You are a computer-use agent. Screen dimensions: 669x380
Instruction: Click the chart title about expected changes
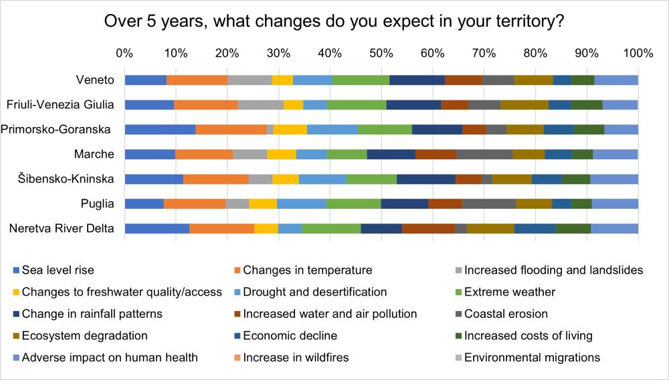(334, 21)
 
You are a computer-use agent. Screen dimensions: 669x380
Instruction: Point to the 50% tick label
(381, 54)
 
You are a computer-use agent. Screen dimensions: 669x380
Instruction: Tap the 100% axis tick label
(638, 54)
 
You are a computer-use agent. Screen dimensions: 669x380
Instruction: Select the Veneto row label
(95, 80)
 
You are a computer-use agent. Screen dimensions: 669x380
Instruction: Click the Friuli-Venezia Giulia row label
(60, 104)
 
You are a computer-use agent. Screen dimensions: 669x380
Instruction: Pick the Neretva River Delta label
(62, 229)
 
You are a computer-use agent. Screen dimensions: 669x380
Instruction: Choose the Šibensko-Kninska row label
(66, 179)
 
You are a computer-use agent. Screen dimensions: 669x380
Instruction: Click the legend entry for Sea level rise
(54, 270)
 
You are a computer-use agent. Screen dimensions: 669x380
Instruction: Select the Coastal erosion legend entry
(502, 314)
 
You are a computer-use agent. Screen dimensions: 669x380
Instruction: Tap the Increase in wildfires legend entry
(292, 357)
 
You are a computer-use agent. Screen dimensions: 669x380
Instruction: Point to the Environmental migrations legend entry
(528, 357)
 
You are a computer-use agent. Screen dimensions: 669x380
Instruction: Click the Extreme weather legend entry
(506, 292)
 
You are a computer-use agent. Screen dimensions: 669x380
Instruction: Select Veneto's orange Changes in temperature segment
(197, 80)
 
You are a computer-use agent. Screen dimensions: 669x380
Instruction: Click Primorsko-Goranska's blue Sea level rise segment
(160, 129)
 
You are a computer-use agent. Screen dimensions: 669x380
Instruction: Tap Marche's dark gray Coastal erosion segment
(484, 154)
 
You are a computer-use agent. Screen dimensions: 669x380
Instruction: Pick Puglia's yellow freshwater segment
(263, 203)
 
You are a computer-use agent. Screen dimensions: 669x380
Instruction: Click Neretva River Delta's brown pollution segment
(428, 229)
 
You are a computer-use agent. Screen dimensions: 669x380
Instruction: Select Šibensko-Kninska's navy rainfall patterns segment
(426, 179)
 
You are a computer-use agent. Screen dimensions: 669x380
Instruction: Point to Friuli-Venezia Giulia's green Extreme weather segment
(357, 104)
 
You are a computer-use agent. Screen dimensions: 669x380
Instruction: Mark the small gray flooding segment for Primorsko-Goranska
(270, 129)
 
